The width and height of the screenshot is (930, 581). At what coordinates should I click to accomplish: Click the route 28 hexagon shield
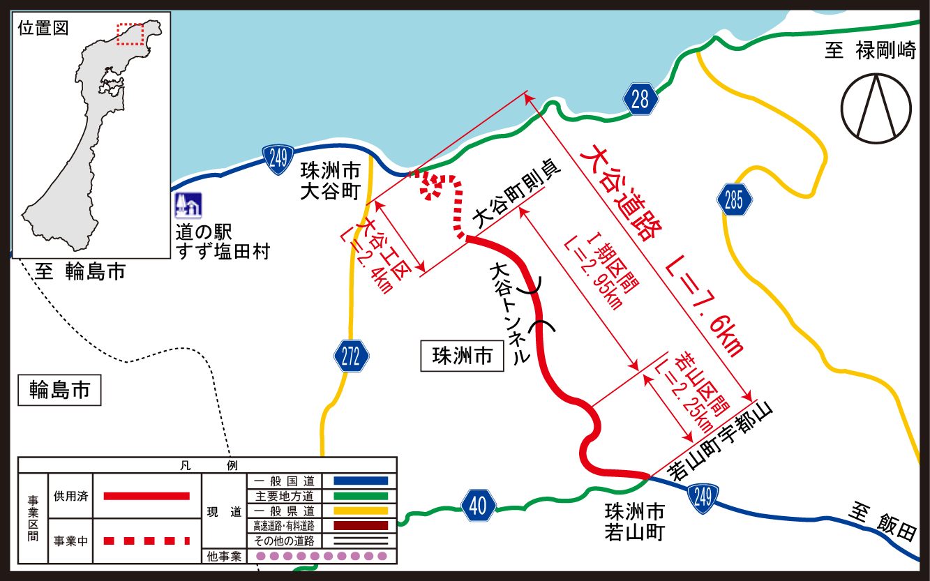(x=640, y=99)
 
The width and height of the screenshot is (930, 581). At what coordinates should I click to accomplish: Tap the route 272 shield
(x=351, y=357)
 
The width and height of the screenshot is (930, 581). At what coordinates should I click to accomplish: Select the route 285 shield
(x=734, y=201)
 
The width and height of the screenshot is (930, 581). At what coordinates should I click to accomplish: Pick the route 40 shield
(x=478, y=505)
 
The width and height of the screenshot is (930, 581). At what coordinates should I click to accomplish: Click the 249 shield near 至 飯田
(x=703, y=497)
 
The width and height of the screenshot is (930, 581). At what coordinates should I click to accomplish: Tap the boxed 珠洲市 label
(x=462, y=356)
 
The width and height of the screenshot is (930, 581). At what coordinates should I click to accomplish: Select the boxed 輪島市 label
(x=59, y=391)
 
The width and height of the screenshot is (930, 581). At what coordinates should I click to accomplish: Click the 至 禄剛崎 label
(x=870, y=51)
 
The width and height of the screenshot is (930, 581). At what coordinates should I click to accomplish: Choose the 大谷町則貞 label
(x=517, y=197)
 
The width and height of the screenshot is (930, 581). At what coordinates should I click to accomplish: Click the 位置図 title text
(x=43, y=29)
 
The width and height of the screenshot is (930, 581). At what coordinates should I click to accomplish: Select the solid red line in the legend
(x=147, y=496)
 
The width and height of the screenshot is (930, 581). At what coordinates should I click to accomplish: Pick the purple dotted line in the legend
(x=322, y=556)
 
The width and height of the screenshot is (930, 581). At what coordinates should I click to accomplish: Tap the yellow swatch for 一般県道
(x=360, y=511)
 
